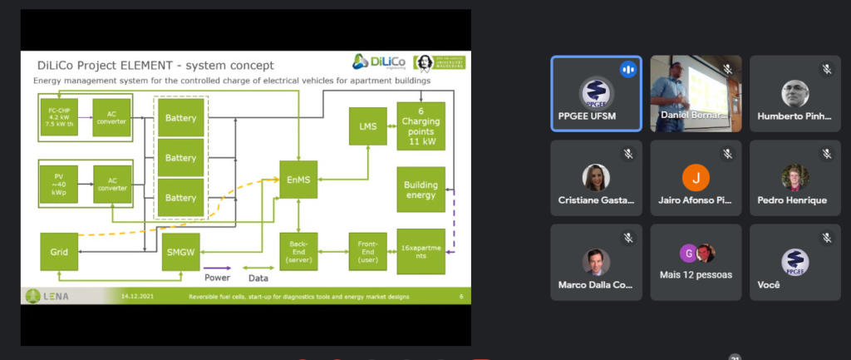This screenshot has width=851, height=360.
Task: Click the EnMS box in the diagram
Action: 298,180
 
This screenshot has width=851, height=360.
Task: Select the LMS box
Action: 366,126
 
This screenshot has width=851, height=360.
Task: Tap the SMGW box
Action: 181,251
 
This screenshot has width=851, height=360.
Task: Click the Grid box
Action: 59,251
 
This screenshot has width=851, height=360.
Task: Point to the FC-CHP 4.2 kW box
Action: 59,116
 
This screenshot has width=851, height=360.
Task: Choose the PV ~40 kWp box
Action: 59,182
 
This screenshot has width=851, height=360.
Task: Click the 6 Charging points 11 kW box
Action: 421,126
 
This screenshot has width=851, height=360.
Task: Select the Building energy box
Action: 421,190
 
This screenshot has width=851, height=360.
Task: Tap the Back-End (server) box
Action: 298,251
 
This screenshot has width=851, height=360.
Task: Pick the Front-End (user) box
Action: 366,251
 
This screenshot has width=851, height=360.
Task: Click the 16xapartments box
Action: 421,251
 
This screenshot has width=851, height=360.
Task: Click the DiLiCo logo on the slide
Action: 379,62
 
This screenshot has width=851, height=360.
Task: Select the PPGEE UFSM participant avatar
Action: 596,91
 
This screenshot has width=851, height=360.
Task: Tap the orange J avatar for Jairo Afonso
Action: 696,178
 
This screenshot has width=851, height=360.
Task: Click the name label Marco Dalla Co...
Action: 596,284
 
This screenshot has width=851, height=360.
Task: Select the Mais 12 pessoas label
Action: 696,274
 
